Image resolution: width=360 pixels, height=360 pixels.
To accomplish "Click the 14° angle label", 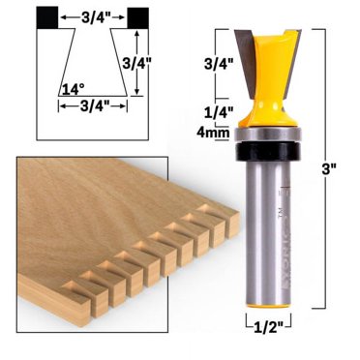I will [x=69, y=90].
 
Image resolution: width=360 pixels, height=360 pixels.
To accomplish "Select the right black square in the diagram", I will [x=138, y=15].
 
